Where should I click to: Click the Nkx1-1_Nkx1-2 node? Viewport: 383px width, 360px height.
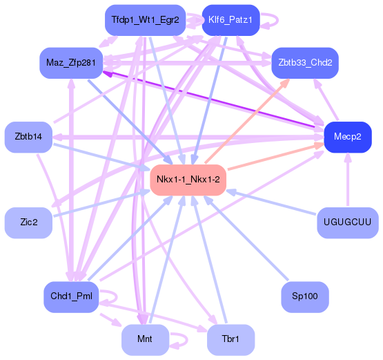tap(188, 180)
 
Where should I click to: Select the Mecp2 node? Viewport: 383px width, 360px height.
tap(347, 136)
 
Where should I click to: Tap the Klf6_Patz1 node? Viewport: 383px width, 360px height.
tap(230, 20)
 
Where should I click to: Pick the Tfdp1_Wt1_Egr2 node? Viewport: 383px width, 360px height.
tap(145, 20)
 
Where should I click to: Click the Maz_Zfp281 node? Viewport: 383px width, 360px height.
tap(71, 63)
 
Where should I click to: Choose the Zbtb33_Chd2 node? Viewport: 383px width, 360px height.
tap(304, 63)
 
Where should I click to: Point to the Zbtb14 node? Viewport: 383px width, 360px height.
tap(28, 136)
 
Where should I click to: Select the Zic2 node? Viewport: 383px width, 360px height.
tap(28, 222)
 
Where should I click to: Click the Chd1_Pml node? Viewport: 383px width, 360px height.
tap(71, 296)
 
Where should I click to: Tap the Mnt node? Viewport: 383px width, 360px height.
tap(145, 339)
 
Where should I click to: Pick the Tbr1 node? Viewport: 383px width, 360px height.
tap(230, 339)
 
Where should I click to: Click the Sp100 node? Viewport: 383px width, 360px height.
tap(304, 296)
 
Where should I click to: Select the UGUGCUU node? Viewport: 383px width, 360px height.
tap(347, 222)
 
